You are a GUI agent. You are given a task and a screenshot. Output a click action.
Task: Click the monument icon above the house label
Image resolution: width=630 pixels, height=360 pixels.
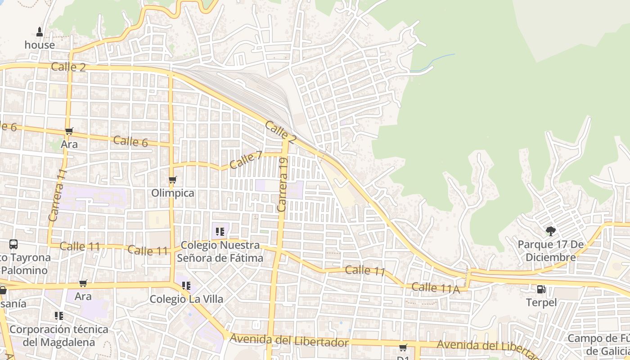40,31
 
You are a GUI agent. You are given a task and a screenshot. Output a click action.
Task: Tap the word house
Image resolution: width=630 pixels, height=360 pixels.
40,45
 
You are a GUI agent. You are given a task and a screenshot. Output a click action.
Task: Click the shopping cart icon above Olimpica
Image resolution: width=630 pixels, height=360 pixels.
173,180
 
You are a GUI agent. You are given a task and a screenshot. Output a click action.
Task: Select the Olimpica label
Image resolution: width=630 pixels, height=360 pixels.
173,193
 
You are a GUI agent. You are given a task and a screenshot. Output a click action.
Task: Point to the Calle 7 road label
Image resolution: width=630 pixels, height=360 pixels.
246,160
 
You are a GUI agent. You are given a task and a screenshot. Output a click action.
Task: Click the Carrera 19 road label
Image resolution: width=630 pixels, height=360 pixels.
283,184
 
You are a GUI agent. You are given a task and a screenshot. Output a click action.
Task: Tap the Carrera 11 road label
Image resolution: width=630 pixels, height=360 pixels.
57,195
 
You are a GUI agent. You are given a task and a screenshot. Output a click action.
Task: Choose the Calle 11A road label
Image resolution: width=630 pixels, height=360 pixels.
436,288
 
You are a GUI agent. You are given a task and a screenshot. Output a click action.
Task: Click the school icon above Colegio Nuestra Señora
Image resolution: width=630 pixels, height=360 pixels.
220,232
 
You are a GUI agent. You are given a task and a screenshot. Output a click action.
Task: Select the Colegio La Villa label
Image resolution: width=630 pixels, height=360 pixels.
186,299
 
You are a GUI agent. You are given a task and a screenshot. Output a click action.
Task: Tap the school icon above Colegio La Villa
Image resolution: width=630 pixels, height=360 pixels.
186,286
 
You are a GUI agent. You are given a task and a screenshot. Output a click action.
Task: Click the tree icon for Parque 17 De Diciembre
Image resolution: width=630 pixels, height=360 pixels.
550,231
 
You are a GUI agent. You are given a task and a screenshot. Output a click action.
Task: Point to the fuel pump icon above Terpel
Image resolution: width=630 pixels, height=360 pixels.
541,289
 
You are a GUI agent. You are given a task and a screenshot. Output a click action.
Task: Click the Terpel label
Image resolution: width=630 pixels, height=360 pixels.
541,302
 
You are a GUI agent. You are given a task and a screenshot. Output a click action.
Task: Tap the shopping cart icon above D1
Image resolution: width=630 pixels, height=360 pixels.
403,347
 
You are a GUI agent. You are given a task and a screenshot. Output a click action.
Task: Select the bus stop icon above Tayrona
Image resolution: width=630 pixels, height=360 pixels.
13,244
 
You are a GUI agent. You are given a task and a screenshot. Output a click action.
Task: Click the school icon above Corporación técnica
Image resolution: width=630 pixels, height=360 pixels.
59,316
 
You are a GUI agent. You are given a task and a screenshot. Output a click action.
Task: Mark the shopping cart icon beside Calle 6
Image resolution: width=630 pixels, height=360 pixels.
69,131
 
